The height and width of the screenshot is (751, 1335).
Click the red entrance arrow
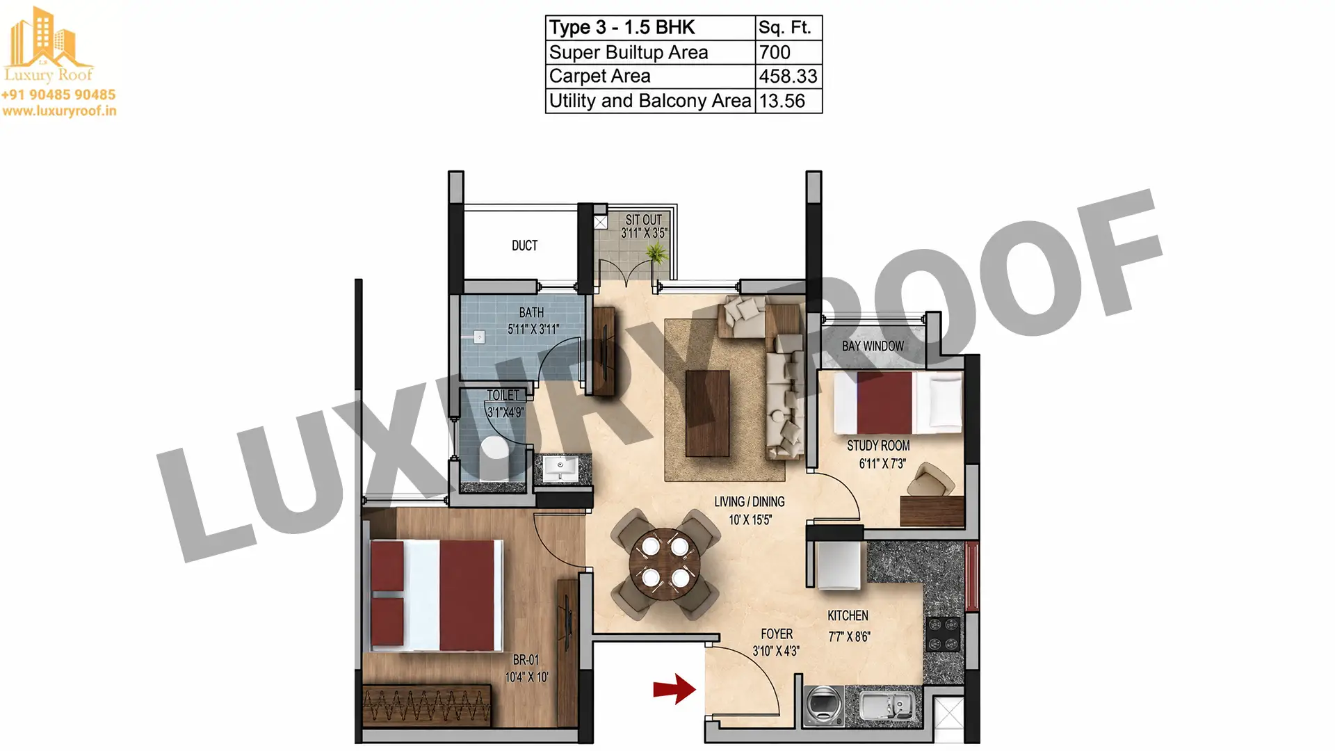tap(674, 689)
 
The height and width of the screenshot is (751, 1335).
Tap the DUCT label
tap(524, 245)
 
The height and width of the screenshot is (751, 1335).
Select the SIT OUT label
tap(644, 220)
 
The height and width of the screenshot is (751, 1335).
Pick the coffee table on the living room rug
tap(707, 413)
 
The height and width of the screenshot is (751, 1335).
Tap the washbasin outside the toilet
tap(560, 467)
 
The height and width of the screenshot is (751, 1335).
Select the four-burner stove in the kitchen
tap(943, 633)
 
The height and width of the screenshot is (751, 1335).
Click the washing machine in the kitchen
tap(823, 705)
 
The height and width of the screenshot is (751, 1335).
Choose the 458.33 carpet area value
tap(788, 76)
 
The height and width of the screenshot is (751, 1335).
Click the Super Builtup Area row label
tap(629, 53)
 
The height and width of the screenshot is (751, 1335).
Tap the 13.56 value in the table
tap(782, 101)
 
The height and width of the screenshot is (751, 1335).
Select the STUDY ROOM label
tap(878, 446)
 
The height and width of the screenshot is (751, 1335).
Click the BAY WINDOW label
tap(873, 346)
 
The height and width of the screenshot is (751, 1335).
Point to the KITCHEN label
tap(848, 615)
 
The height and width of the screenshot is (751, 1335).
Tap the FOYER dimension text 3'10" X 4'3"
tap(776, 651)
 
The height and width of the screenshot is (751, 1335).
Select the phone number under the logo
tap(58, 95)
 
